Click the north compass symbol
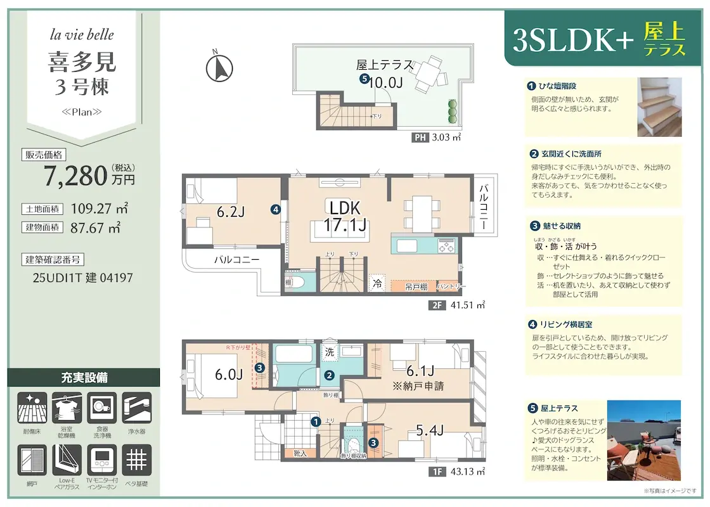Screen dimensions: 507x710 tap(221, 67)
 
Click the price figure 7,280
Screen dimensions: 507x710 tap(75, 176)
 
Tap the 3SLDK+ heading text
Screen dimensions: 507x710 tap(572, 41)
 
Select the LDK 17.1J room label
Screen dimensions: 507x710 tap(344, 215)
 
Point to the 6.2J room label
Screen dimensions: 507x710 tap(230, 212)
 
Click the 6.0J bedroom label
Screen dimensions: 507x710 tap(228, 374)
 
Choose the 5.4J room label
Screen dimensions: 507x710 tap(429, 431)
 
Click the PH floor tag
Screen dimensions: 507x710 tap(420, 138)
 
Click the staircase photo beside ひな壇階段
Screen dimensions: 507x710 tap(659, 107)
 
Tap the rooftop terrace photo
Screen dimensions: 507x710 tap(643, 440)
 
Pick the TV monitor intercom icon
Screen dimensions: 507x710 tap(101, 459)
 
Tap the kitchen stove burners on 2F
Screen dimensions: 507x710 tap(446, 245)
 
